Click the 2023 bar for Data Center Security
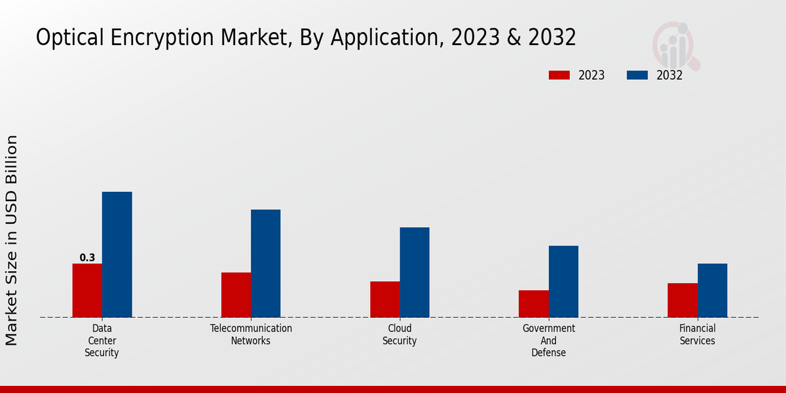point(87,290)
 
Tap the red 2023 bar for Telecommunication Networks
point(236,295)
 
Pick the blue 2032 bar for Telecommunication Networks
point(265,263)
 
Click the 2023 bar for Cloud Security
point(384,299)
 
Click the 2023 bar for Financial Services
point(683,300)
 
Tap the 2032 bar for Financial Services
point(712,290)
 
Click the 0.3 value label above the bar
point(87,258)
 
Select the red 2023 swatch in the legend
point(559,75)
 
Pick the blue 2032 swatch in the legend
point(637,75)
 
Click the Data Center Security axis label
point(102,341)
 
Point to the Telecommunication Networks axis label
point(251,335)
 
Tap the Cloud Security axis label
point(400,335)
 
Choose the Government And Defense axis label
point(549,341)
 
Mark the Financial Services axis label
point(698,335)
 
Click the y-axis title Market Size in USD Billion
point(12,240)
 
